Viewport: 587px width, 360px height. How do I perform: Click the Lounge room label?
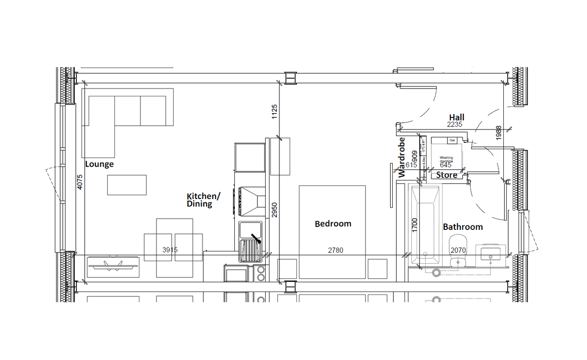click(x=99, y=164)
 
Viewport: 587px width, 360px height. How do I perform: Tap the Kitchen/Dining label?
click(x=203, y=200)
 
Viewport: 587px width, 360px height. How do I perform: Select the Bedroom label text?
click(x=333, y=224)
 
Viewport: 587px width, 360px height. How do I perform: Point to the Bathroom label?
click(x=463, y=227)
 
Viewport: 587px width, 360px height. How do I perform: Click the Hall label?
click(x=457, y=117)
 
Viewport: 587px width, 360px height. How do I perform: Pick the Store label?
click(x=447, y=175)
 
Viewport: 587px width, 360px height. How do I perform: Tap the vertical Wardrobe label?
click(x=402, y=157)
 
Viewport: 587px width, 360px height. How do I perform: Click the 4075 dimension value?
click(x=81, y=182)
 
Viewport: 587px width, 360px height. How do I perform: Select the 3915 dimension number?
click(x=170, y=250)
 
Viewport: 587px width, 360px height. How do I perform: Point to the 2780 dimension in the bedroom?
click(x=336, y=250)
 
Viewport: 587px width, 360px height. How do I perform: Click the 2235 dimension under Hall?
click(x=454, y=125)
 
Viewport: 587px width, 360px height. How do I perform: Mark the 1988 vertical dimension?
click(x=498, y=133)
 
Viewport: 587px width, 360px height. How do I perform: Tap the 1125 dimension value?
click(x=274, y=112)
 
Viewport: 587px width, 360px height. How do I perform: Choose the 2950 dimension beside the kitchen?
click(x=274, y=210)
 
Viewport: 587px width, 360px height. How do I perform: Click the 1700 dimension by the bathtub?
click(x=415, y=225)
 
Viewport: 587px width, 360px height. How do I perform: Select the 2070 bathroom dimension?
click(x=458, y=250)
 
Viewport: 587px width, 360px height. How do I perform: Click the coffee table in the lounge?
click(x=127, y=185)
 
